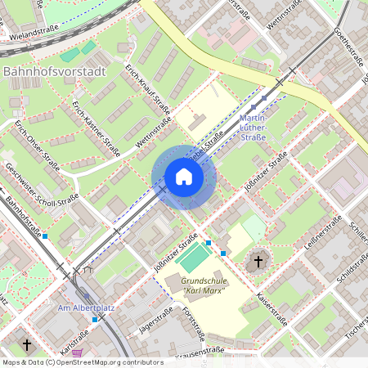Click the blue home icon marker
click(183, 177)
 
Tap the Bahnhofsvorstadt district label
click(55, 72)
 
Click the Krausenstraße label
click(198, 351)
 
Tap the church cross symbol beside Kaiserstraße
click(258, 262)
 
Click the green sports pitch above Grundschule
click(194, 259)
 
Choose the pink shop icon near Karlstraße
click(77, 353)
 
